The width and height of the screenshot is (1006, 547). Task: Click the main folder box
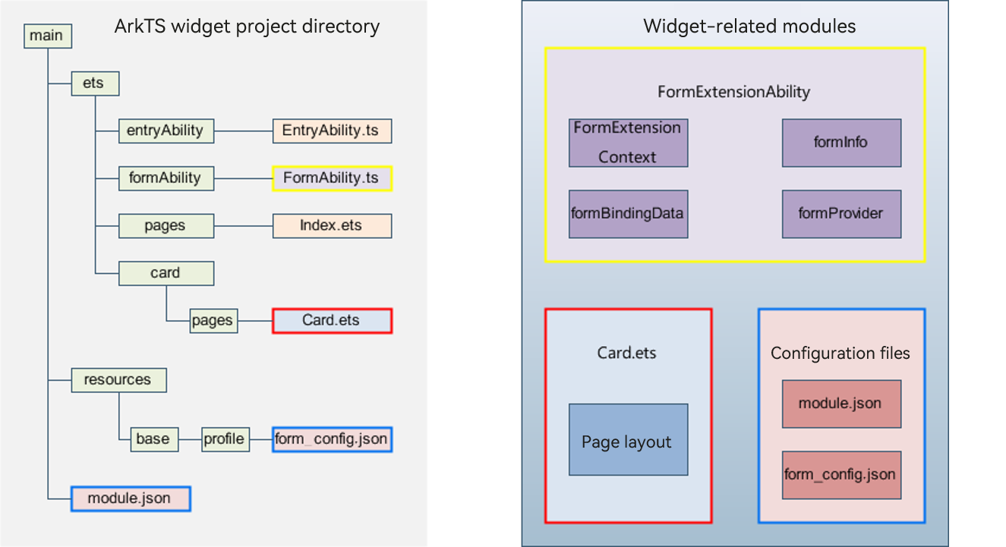click(x=48, y=36)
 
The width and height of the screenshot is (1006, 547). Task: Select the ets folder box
click(x=95, y=83)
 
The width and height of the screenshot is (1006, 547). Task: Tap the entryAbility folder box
click(x=166, y=131)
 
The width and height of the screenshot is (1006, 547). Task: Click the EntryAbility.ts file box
click(x=332, y=131)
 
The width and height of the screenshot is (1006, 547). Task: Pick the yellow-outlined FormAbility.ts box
click(x=332, y=178)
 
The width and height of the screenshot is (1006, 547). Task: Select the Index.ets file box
click(x=332, y=226)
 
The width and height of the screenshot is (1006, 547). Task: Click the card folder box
click(x=166, y=273)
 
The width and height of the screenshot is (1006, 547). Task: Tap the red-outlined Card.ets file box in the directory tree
click(x=332, y=321)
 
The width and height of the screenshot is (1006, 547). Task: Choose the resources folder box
click(x=119, y=380)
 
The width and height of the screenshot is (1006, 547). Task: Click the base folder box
click(x=154, y=439)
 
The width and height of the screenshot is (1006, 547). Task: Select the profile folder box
click(x=225, y=439)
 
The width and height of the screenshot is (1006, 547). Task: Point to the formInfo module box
click(x=842, y=143)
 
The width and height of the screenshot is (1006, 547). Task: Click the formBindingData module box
click(x=629, y=214)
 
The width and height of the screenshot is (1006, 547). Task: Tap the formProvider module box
click(x=842, y=214)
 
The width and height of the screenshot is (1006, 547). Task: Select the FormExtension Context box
click(x=629, y=143)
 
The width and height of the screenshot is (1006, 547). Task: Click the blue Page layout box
click(x=629, y=439)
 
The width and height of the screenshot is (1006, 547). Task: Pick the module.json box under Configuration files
click(x=842, y=404)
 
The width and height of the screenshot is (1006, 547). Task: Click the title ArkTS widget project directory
click(x=247, y=27)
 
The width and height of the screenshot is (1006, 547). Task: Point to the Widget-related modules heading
click(x=749, y=27)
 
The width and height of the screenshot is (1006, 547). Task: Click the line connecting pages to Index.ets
click(x=244, y=226)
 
